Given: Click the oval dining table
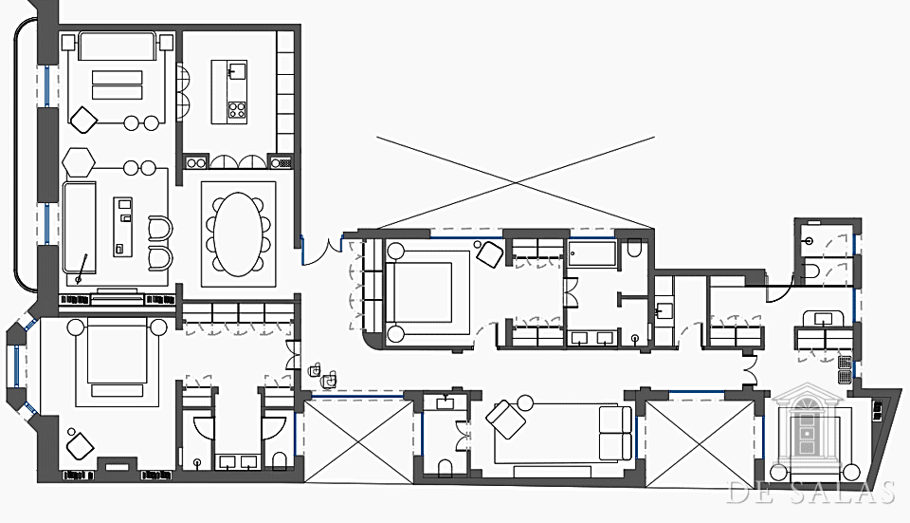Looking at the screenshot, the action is (238, 233).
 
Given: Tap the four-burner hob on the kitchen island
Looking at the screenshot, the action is (237, 109).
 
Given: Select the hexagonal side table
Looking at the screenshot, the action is (79, 162).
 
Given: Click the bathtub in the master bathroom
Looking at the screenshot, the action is (591, 254).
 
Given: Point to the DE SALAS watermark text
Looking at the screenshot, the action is (810, 493).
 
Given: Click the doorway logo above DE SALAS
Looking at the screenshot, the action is (808, 428).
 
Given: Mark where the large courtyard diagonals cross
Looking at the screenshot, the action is (516, 182).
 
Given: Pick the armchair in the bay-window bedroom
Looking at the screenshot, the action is (80, 447).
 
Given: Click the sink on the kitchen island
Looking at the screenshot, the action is (237, 71).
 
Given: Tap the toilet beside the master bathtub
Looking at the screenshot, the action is (634, 249).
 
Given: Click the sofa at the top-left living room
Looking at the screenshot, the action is (118, 47).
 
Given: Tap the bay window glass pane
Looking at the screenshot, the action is (17, 365).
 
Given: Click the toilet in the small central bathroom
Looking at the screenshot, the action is (446, 468).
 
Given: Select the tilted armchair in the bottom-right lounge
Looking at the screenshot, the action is (505, 419).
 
